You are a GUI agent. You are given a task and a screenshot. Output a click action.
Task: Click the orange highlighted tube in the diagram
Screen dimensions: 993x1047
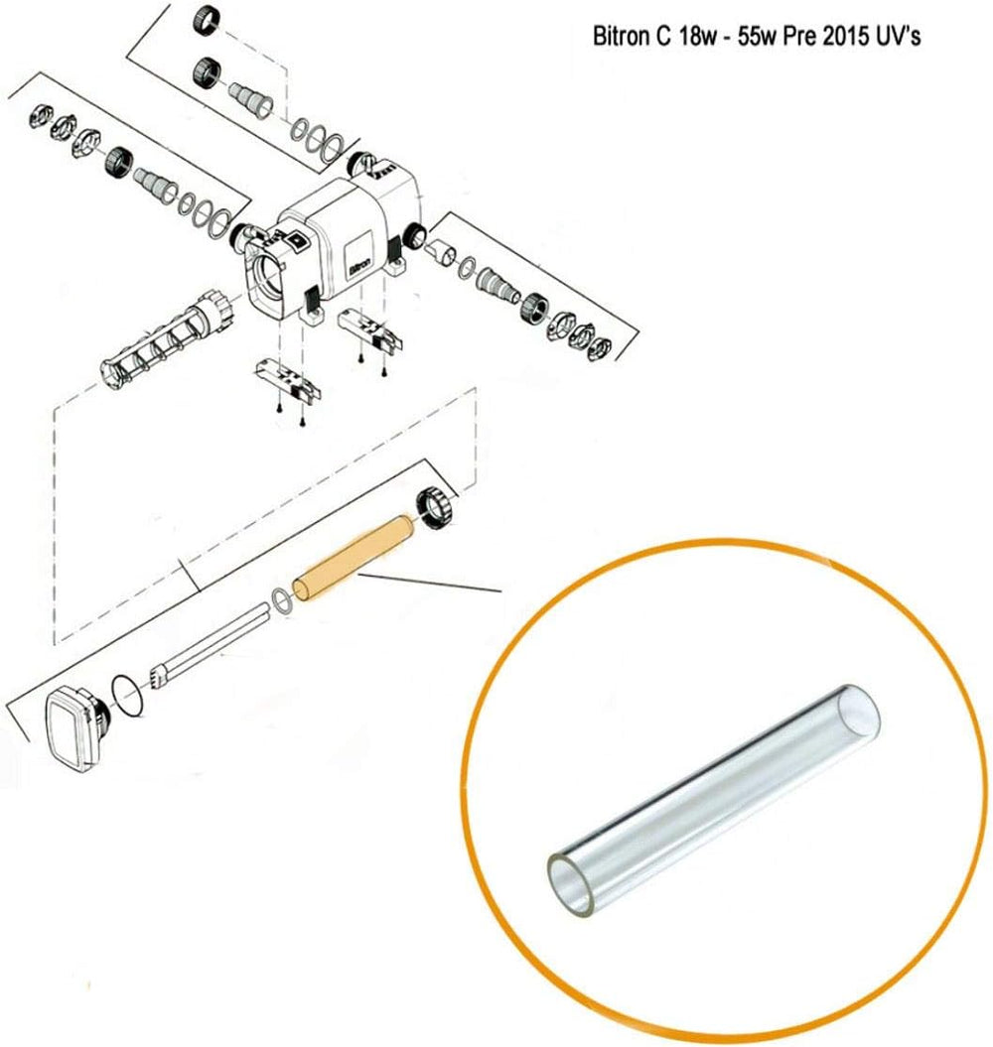coord(354,557)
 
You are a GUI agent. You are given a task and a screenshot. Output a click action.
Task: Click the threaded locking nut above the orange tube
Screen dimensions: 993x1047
coord(436,512)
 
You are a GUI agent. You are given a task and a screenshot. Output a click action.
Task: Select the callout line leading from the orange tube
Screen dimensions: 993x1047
coord(430,582)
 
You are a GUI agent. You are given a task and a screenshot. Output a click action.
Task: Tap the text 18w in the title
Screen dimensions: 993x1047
coord(696,36)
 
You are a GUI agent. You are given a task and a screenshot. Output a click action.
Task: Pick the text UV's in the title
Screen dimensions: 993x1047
coord(900,36)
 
